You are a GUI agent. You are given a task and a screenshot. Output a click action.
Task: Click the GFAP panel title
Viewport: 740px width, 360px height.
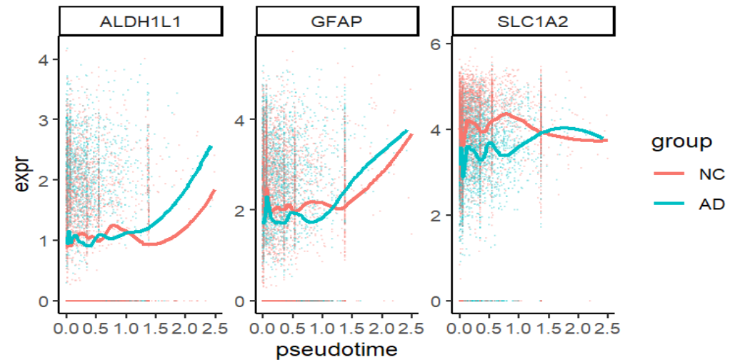click(x=336, y=22)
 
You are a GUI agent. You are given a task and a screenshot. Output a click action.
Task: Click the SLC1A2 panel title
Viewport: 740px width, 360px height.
click(x=532, y=22)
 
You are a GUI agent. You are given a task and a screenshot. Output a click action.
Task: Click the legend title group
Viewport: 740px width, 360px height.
click(x=681, y=142)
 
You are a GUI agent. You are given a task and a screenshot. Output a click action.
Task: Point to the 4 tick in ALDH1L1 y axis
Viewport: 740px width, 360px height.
click(x=44, y=61)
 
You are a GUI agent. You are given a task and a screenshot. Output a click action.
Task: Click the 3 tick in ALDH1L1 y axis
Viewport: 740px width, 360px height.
click(x=44, y=121)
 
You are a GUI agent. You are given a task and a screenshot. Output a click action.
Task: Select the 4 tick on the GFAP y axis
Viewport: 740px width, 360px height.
click(x=241, y=120)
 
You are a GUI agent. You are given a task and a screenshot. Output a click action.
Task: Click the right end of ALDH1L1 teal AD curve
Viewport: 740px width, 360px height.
click(x=212, y=146)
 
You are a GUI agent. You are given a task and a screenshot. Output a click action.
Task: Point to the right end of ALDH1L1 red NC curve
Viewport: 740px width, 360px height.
click(x=215, y=190)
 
